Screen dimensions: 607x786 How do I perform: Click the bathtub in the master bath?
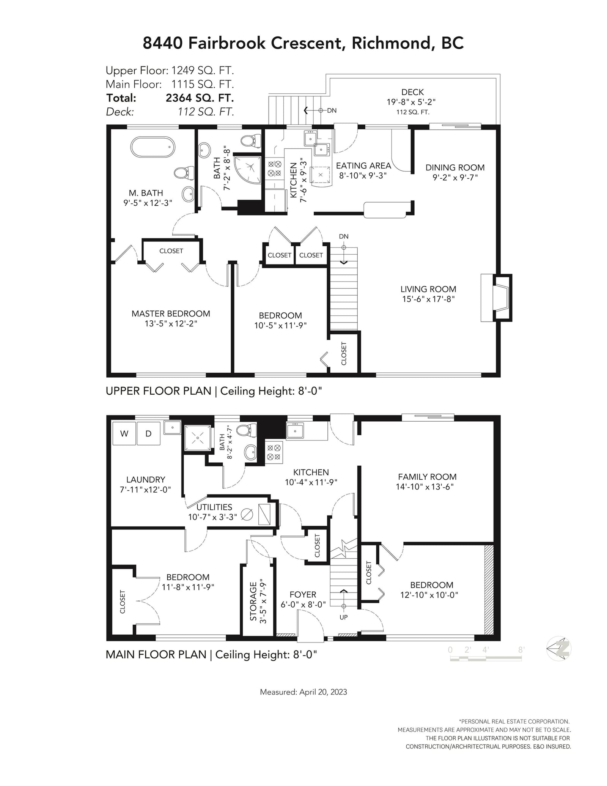click(153, 147)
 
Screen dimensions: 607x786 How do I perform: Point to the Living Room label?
click(428, 289)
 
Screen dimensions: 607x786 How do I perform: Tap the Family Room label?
click(427, 477)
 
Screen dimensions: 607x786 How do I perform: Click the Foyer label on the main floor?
click(303, 594)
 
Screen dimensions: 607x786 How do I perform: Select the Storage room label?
click(253, 601)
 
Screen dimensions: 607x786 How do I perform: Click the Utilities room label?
click(214, 507)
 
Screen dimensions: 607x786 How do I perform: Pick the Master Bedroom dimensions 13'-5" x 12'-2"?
click(171, 324)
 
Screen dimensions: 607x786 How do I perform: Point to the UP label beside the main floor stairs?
click(343, 617)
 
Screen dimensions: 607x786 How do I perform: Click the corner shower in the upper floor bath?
click(247, 169)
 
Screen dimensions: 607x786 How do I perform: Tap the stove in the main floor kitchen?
click(274, 452)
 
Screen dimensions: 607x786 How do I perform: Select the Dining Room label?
click(455, 167)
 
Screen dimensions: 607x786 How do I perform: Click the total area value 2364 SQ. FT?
click(200, 98)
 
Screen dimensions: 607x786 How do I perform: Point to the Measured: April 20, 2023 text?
click(303, 692)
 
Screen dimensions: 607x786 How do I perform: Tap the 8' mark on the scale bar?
click(521, 650)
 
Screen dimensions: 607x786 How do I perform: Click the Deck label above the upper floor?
click(412, 92)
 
